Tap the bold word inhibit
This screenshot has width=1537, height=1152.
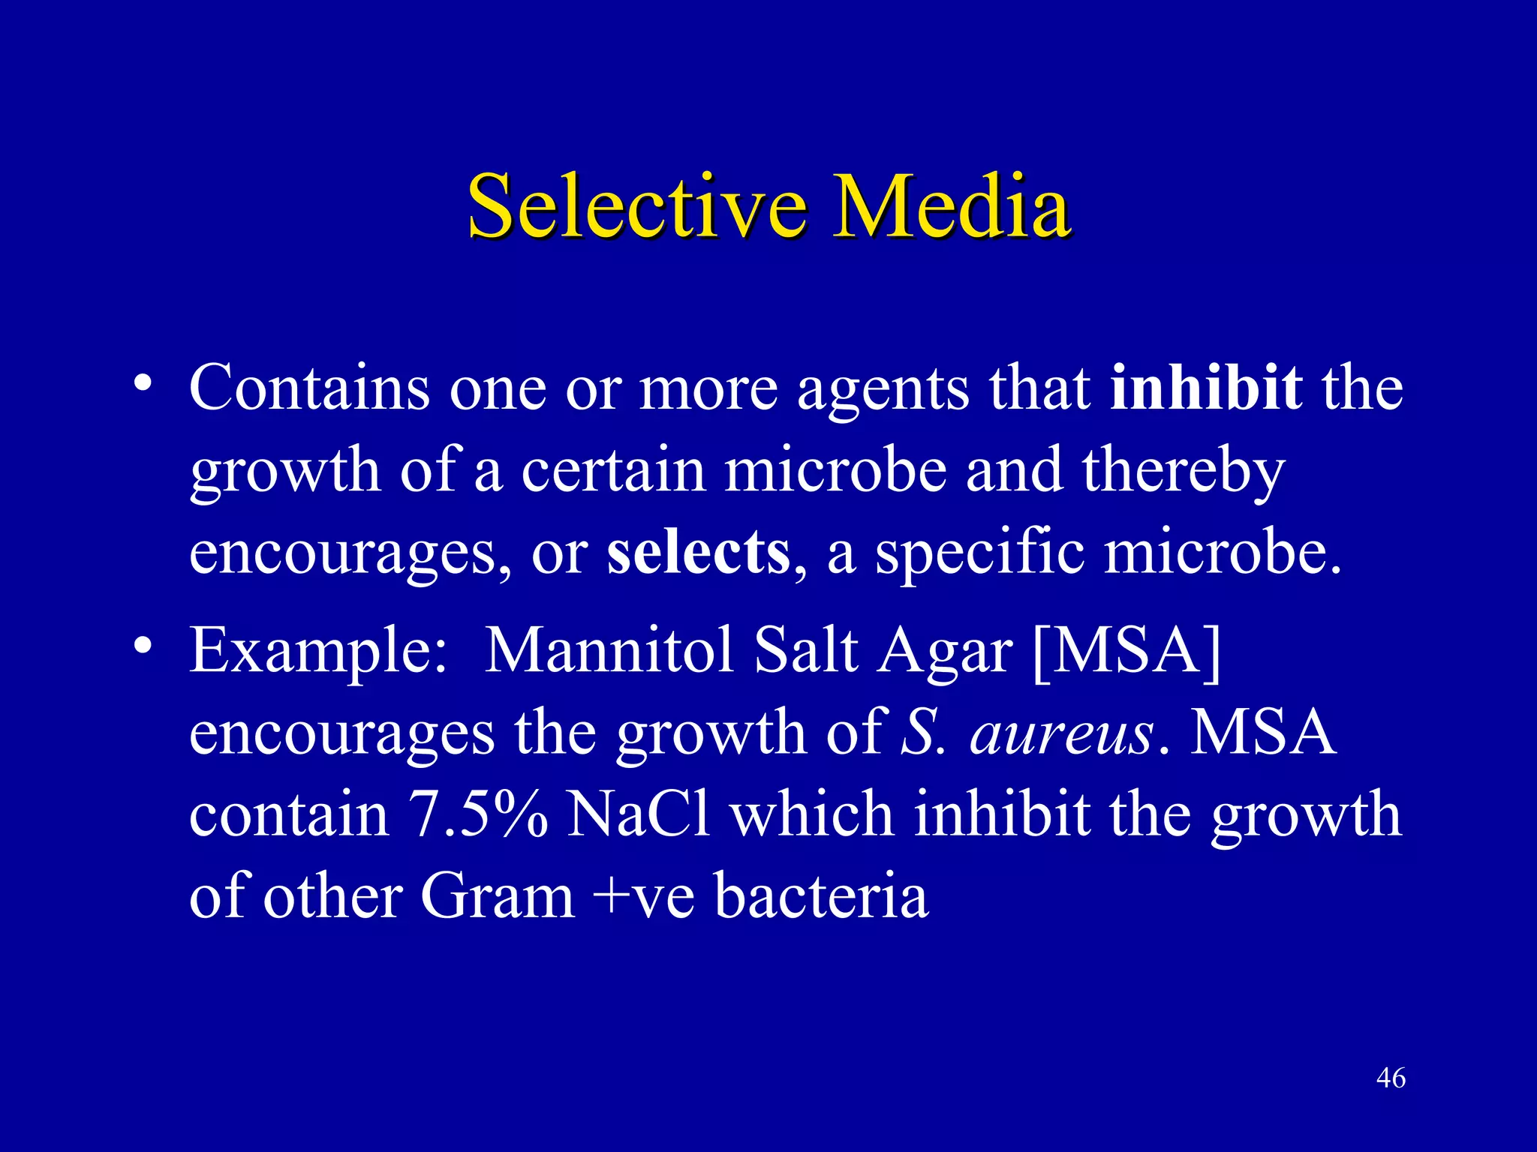(1205, 388)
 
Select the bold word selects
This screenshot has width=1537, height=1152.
(698, 552)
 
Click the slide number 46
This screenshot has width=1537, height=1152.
(1391, 1078)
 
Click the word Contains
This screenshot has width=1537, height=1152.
(309, 388)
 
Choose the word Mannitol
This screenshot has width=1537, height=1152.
(609, 649)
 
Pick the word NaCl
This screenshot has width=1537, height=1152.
(638, 814)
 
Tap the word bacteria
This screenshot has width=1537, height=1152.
(821, 896)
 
